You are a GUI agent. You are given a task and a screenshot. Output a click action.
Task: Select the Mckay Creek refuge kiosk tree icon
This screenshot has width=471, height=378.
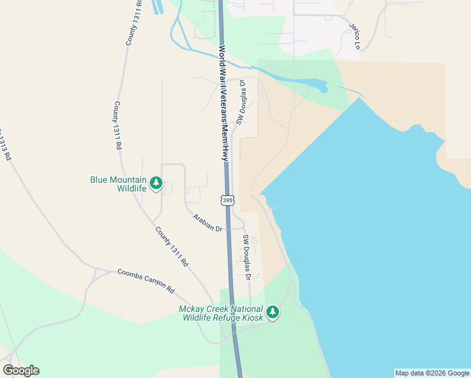tap(272, 312)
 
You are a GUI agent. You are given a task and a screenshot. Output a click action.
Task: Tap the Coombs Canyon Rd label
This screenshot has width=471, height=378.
tap(145, 280)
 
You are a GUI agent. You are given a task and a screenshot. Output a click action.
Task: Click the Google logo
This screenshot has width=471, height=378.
tap(21, 370)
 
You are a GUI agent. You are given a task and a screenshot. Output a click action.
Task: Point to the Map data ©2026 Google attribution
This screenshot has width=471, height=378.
tap(432, 373)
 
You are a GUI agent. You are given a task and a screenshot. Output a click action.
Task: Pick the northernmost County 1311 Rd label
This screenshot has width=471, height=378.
tap(133, 23)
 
